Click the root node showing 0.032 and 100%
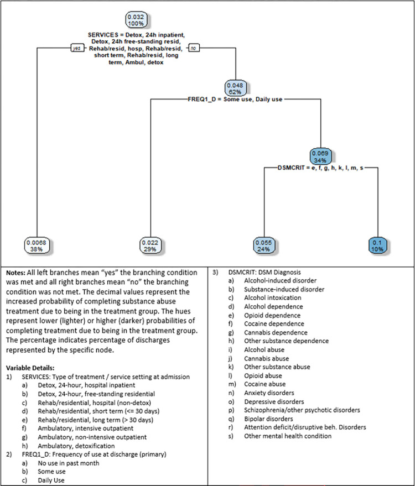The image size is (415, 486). coord(136,20)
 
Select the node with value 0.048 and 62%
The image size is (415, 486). coord(235,88)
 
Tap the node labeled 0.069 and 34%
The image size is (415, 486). coord(320,156)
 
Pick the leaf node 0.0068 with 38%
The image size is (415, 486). coord(37,245)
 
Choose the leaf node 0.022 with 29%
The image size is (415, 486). coord(150,245)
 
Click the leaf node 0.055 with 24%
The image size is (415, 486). coord(263,245)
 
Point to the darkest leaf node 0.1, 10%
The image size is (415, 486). coord(377,245)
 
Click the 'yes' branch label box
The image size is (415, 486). coord(76,48)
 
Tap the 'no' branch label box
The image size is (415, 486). coord(194,48)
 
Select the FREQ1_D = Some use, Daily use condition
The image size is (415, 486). coord(235,100)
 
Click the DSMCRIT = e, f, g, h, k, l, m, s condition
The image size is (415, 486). coord(321,168)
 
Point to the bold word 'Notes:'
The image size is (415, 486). coord(15,273)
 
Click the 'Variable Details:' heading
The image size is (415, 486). coord(30,368)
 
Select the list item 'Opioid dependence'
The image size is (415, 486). coord(272,315)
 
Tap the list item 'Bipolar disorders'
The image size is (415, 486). coord(268,419)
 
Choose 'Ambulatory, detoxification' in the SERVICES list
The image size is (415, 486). coord(76,446)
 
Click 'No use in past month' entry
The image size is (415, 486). coord(69,463)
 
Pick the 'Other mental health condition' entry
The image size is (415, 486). coord(288,436)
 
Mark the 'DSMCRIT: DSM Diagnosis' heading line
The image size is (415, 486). coord(264,273)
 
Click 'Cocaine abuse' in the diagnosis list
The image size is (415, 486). coord(265,384)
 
